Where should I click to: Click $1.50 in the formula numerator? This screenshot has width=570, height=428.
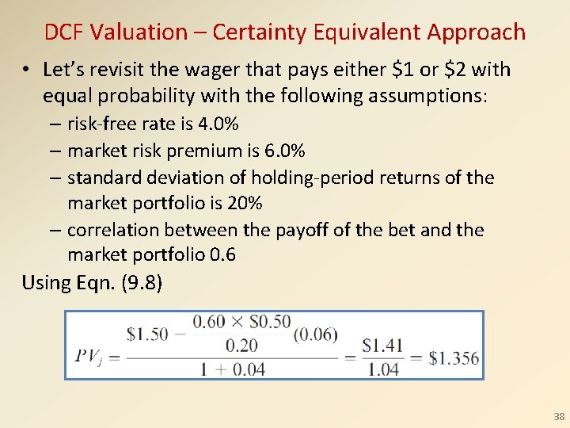[x=147, y=334]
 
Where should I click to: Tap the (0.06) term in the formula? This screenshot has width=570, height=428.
[x=315, y=334]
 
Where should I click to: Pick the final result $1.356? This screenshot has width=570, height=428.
[x=454, y=357]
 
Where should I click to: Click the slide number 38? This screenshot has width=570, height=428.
[x=559, y=417]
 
